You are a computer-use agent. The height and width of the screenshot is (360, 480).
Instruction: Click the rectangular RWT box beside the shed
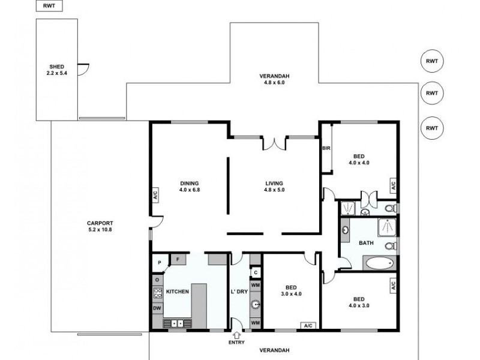(x=49, y=7)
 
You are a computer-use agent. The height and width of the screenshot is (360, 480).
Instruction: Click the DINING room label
(x=189, y=184)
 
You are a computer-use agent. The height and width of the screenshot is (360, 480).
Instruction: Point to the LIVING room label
(x=274, y=184)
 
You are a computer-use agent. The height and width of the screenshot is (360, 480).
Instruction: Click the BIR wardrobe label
(x=326, y=148)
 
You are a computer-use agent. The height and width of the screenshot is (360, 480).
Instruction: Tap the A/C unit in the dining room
(x=155, y=195)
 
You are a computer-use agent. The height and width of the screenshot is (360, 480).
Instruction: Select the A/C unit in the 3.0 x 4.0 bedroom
(x=308, y=326)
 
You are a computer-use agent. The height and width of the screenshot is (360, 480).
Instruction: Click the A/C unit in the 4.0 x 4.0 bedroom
(x=394, y=185)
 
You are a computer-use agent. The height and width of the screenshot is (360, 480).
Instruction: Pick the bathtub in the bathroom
(x=380, y=263)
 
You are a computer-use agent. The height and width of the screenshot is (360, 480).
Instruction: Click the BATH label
(x=366, y=243)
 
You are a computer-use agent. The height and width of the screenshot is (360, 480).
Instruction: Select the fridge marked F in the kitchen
(x=178, y=259)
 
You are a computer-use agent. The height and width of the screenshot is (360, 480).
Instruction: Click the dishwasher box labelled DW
(x=157, y=308)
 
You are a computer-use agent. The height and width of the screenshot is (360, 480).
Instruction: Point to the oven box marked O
(x=157, y=280)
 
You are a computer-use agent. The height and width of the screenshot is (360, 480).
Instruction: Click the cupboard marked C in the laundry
(x=255, y=272)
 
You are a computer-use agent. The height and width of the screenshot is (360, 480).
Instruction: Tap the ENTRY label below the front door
(x=236, y=343)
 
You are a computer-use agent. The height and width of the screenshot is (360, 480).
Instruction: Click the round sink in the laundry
(x=255, y=304)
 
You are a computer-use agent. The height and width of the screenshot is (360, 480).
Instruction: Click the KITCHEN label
(x=178, y=292)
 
